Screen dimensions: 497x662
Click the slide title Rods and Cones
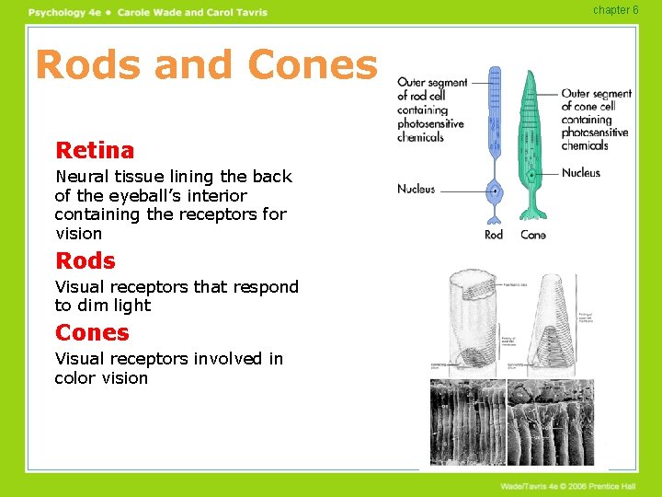click(x=206, y=65)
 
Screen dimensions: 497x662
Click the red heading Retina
click(x=95, y=150)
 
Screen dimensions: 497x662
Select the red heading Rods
click(x=86, y=260)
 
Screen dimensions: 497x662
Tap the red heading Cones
click(x=92, y=332)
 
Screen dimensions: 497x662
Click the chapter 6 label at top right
click(x=615, y=10)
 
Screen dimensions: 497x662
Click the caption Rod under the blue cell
click(x=495, y=235)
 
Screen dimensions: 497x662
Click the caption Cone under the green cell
click(x=533, y=235)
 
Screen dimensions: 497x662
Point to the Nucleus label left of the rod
click(x=416, y=189)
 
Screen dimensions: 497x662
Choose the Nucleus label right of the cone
click(x=581, y=172)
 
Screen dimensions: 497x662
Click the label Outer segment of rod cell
click(x=431, y=110)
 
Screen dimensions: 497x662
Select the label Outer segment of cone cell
click(x=596, y=119)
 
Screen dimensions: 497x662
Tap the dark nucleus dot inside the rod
click(x=496, y=191)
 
